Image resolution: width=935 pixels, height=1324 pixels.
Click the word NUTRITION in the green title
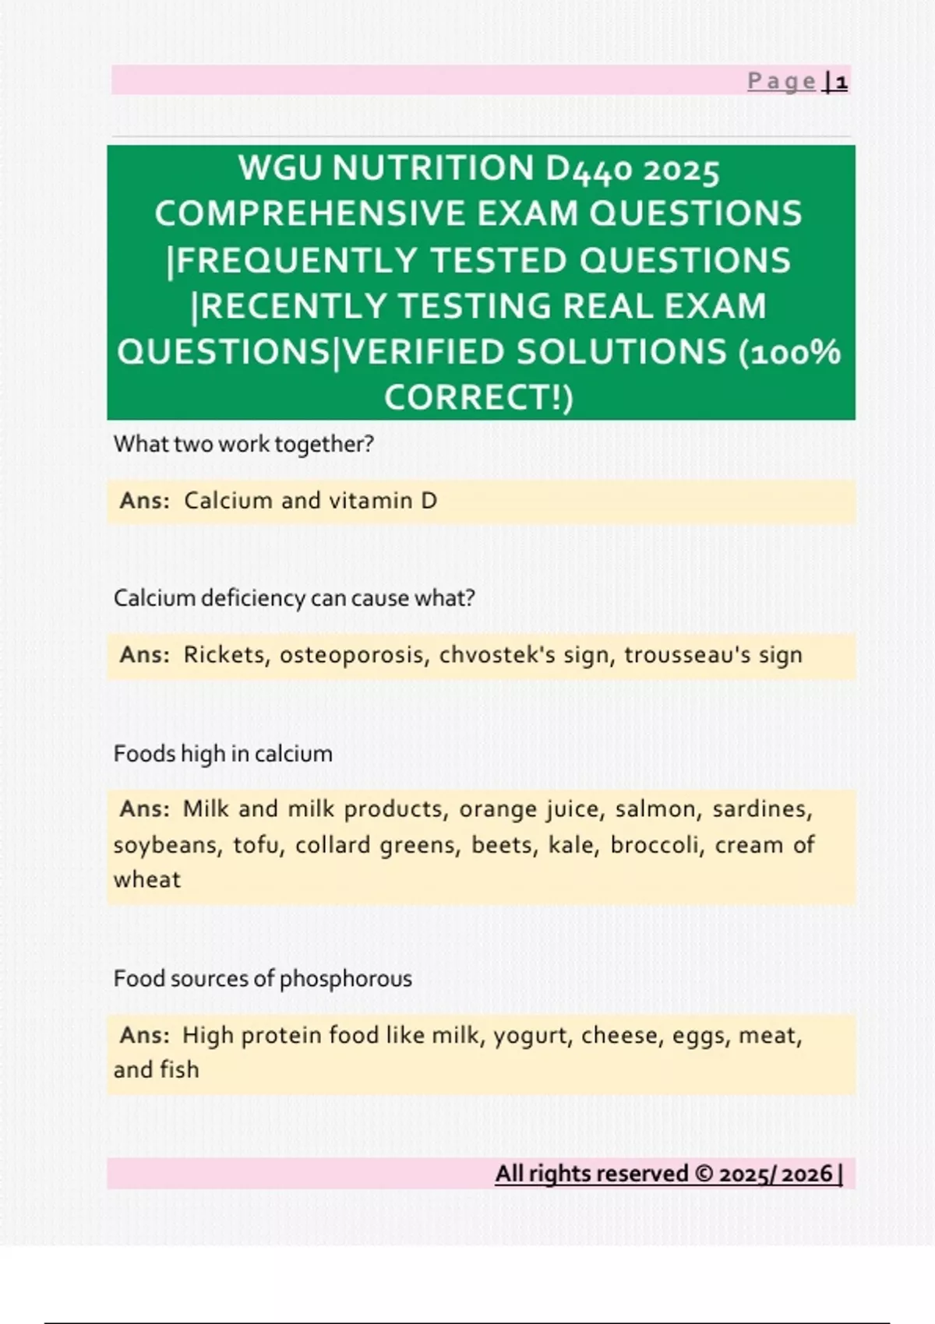point(433,168)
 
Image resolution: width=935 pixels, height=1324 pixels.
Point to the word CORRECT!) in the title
point(478,398)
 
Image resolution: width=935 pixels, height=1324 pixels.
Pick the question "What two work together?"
point(244,444)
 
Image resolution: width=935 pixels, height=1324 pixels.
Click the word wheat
point(147,880)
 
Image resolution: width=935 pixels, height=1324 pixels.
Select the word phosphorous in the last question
point(345,979)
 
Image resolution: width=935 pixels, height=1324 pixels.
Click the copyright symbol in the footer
point(704,1174)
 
